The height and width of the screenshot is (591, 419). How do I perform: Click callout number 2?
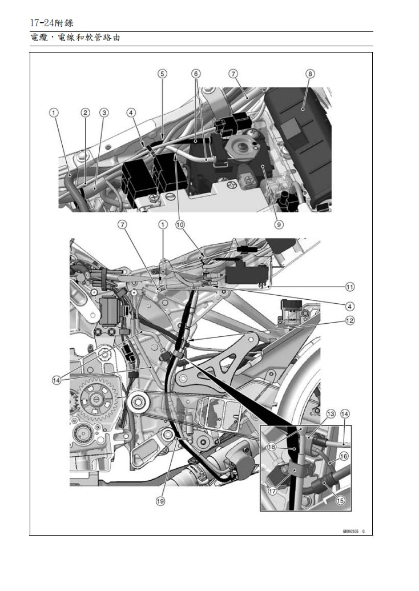[x=85, y=112]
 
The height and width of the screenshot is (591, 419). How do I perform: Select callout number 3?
[x=104, y=112]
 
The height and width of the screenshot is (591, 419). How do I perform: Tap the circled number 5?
[x=163, y=74]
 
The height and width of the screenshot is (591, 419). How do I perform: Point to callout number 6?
[x=196, y=74]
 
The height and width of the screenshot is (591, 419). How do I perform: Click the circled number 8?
[x=310, y=74]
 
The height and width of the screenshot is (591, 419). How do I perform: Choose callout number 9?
[x=279, y=224]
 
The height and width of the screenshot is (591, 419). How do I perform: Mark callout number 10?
[x=180, y=224]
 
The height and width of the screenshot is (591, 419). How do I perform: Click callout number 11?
[x=349, y=286]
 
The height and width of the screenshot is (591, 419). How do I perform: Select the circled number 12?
[x=349, y=320]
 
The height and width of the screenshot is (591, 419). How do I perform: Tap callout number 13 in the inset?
[x=331, y=413]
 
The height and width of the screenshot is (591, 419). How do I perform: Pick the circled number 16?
[x=344, y=456]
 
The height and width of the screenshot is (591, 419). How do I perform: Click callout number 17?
[x=272, y=490]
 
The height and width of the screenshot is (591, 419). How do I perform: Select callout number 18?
[x=272, y=447]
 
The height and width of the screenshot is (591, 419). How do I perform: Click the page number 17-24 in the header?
[x=41, y=23]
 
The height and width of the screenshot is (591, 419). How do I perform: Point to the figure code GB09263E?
[x=350, y=530]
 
